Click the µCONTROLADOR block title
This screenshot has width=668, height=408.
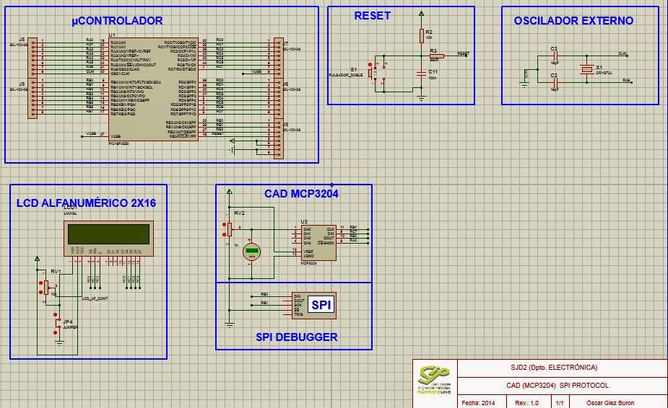point(117,21)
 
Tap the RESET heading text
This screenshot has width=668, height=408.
point(372,16)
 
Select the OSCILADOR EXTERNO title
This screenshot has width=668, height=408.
point(573,21)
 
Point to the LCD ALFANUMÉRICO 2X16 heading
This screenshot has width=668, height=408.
point(86,203)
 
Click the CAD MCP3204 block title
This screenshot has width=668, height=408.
point(301,193)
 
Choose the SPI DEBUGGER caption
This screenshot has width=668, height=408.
point(296,337)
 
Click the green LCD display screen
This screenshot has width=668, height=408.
point(108,234)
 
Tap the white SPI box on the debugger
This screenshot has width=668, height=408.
point(322,306)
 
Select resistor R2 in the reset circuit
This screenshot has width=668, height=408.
point(421,36)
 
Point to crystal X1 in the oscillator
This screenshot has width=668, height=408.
point(587,68)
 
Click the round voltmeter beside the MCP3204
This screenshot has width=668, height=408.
point(251,250)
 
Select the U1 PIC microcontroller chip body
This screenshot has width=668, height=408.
point(152,89)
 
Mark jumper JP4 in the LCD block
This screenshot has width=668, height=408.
point(57,326)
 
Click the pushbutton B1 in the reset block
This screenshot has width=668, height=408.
point(370,72)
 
